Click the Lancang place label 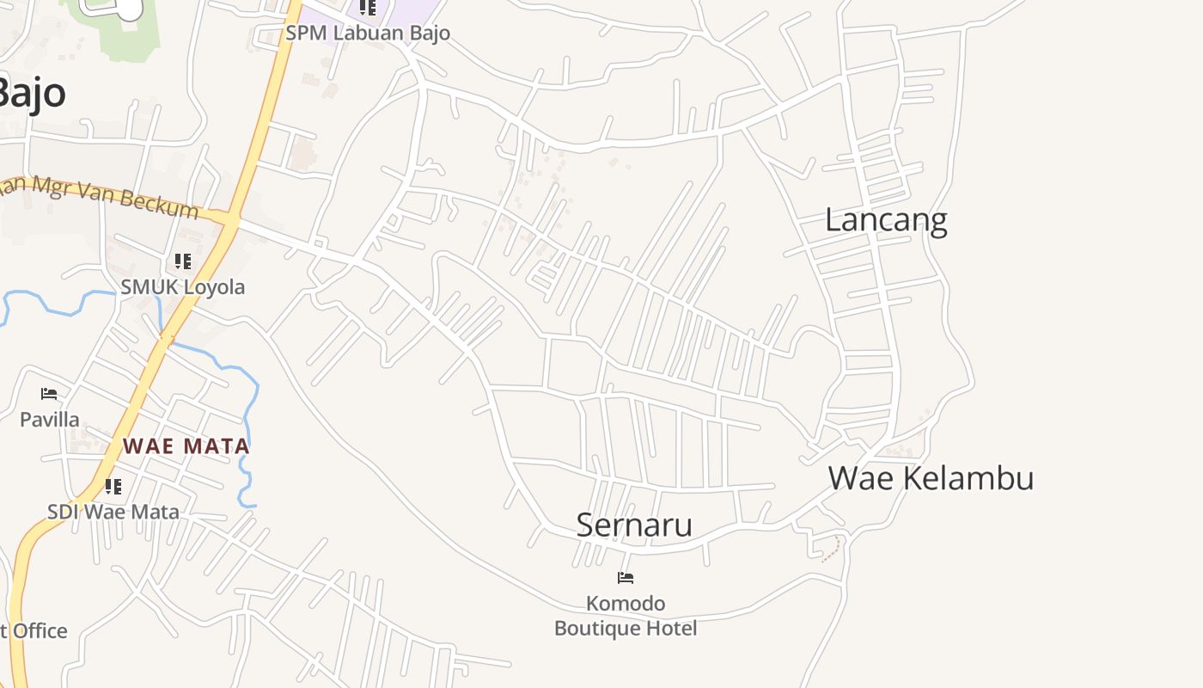[x=885, y=220]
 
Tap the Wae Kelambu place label [x=931, y=478]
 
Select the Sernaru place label [x=634, y=525]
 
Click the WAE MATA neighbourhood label [x=186, y=446]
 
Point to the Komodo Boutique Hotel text [x=626, y=616]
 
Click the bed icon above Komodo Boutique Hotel [x=626, y=578]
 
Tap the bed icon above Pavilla [x=49, y=394]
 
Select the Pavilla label [x=50, y=420]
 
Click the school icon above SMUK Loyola [x=182, y=261]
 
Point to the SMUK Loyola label [x=182, y=287]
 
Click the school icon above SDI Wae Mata [x=113, y=487]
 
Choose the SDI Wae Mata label [x=113, y=512]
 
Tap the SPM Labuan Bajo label [x=368, y=34]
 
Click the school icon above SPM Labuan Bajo [x=368, y=8]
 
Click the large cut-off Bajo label [x=31, y=92]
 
